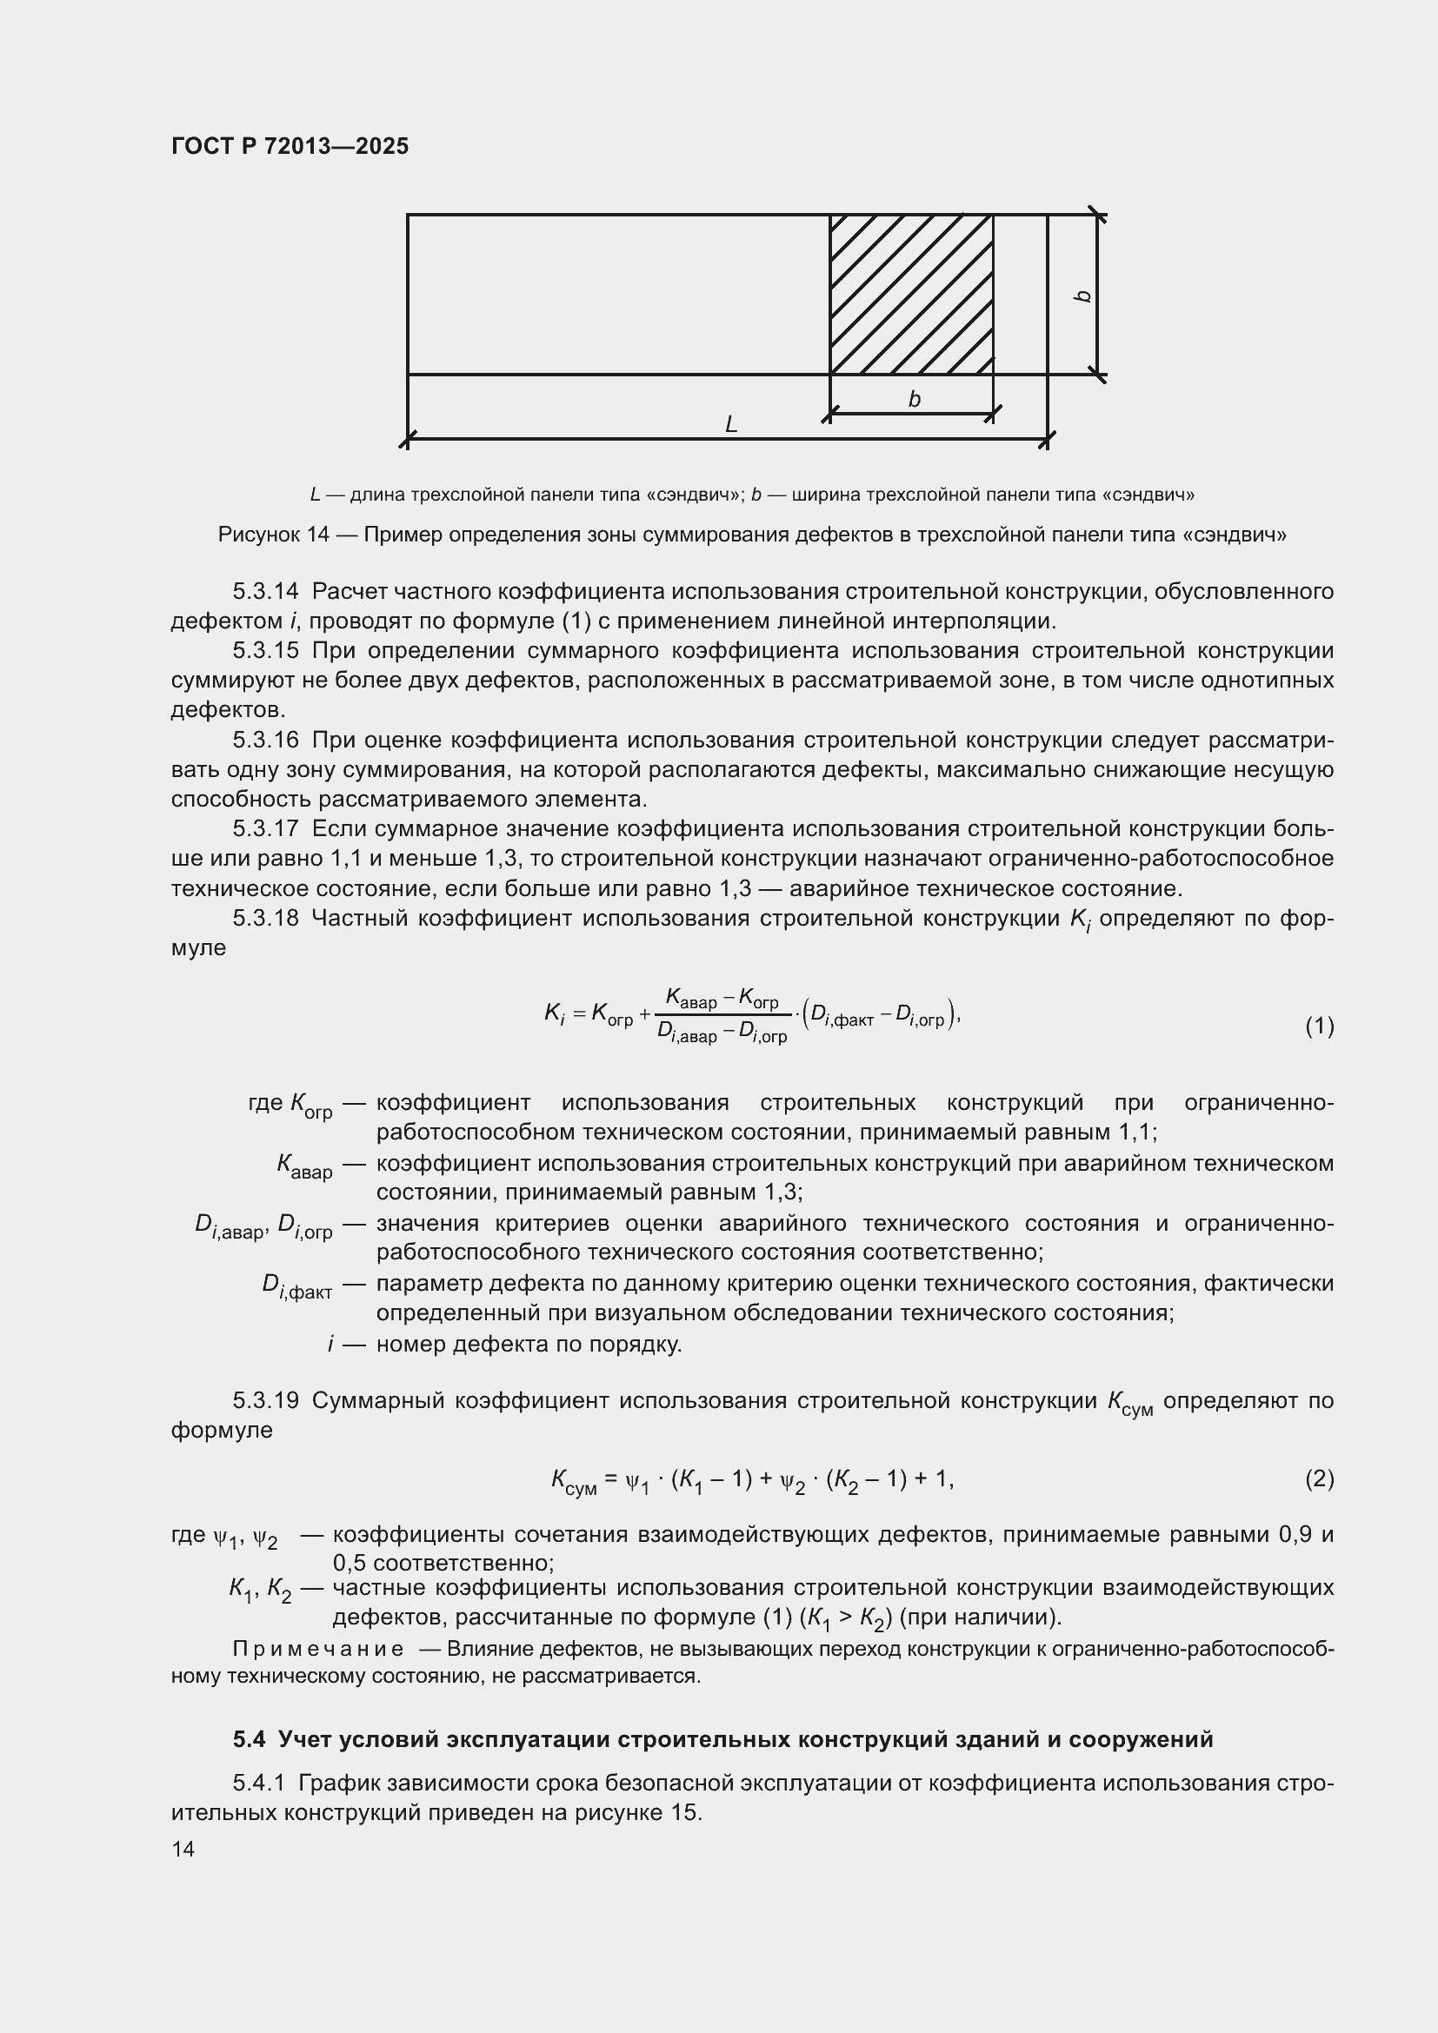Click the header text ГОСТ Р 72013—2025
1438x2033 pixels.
pyautogui.click(x=290, y=147)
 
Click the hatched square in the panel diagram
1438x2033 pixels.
pyautogui.click(x=910, y=294)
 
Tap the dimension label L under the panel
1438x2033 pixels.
pyautogui.click(x=730, y=425)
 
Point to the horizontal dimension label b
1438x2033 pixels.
pyautogui.click(x=914, y=399)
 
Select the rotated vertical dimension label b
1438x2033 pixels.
pyautogui.click(x=1082, y=296)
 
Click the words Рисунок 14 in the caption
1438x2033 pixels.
pyautogui.click(x=273, y=535)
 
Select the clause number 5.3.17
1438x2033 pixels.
pyautogui.click(x=266, y=829)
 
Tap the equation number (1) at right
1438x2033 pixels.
pyautogui.click(x=1319, y=1026)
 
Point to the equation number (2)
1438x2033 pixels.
pyautogui.click(x=1319, y=1478)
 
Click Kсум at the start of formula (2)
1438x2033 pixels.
pyautogui.click(x=573, y=1480)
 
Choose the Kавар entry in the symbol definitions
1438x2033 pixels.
pyautogui.click(x=304, y=1166)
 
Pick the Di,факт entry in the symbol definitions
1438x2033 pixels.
pyautogui.click(x=296, y=1286)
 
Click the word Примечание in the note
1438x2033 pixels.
pyautogui.click(x=318, y=1649)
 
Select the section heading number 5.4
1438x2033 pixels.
pyautogui.click(x=249, y=1740)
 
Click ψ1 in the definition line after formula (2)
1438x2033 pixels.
pyautogui.click(x=226, y=1539)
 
